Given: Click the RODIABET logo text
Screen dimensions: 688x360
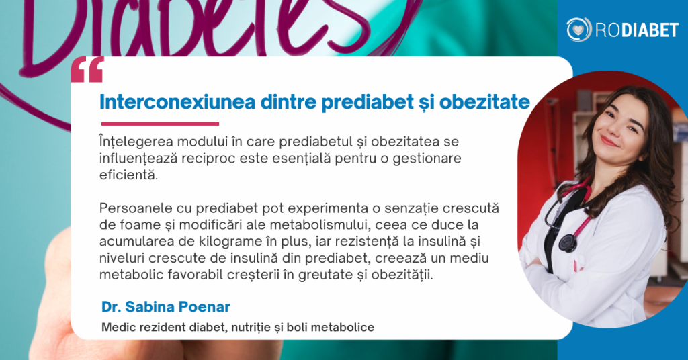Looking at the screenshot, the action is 637,30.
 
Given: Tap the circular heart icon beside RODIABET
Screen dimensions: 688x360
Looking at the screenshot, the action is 578,30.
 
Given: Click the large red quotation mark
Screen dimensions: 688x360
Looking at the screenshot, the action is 87,69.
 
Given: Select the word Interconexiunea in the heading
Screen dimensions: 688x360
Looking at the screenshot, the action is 177,102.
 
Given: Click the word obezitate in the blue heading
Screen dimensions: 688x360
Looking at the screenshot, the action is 484,102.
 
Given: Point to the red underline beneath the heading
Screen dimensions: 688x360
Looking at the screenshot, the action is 160,124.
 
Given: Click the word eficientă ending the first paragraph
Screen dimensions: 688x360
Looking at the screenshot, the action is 128,175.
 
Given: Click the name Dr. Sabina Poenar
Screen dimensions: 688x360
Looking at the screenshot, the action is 165,307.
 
